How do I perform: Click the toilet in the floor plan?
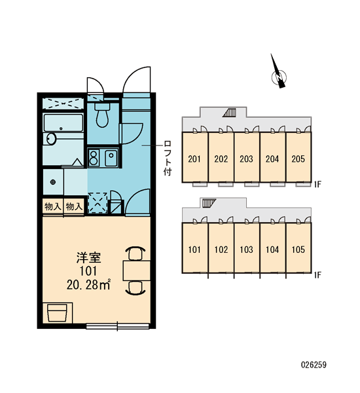coord(103,115)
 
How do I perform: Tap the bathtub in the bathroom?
coord(63,123)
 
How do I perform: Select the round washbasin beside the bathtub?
coord(51,139)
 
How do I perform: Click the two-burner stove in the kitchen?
coord(94,158)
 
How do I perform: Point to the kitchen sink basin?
coord(111,158)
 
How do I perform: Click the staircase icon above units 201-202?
coord(230,113)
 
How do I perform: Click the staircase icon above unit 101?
coord(209,203)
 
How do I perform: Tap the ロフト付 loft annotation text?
coord(168,158)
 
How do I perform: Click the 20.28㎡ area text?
coord(88,285)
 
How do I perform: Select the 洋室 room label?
coord(88,257)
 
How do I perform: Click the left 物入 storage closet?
coord(53,206)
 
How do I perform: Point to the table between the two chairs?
coord(137,271)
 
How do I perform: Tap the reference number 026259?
coord(314,365)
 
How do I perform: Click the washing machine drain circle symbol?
coord(53,182)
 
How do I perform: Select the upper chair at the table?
coord(135,253)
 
